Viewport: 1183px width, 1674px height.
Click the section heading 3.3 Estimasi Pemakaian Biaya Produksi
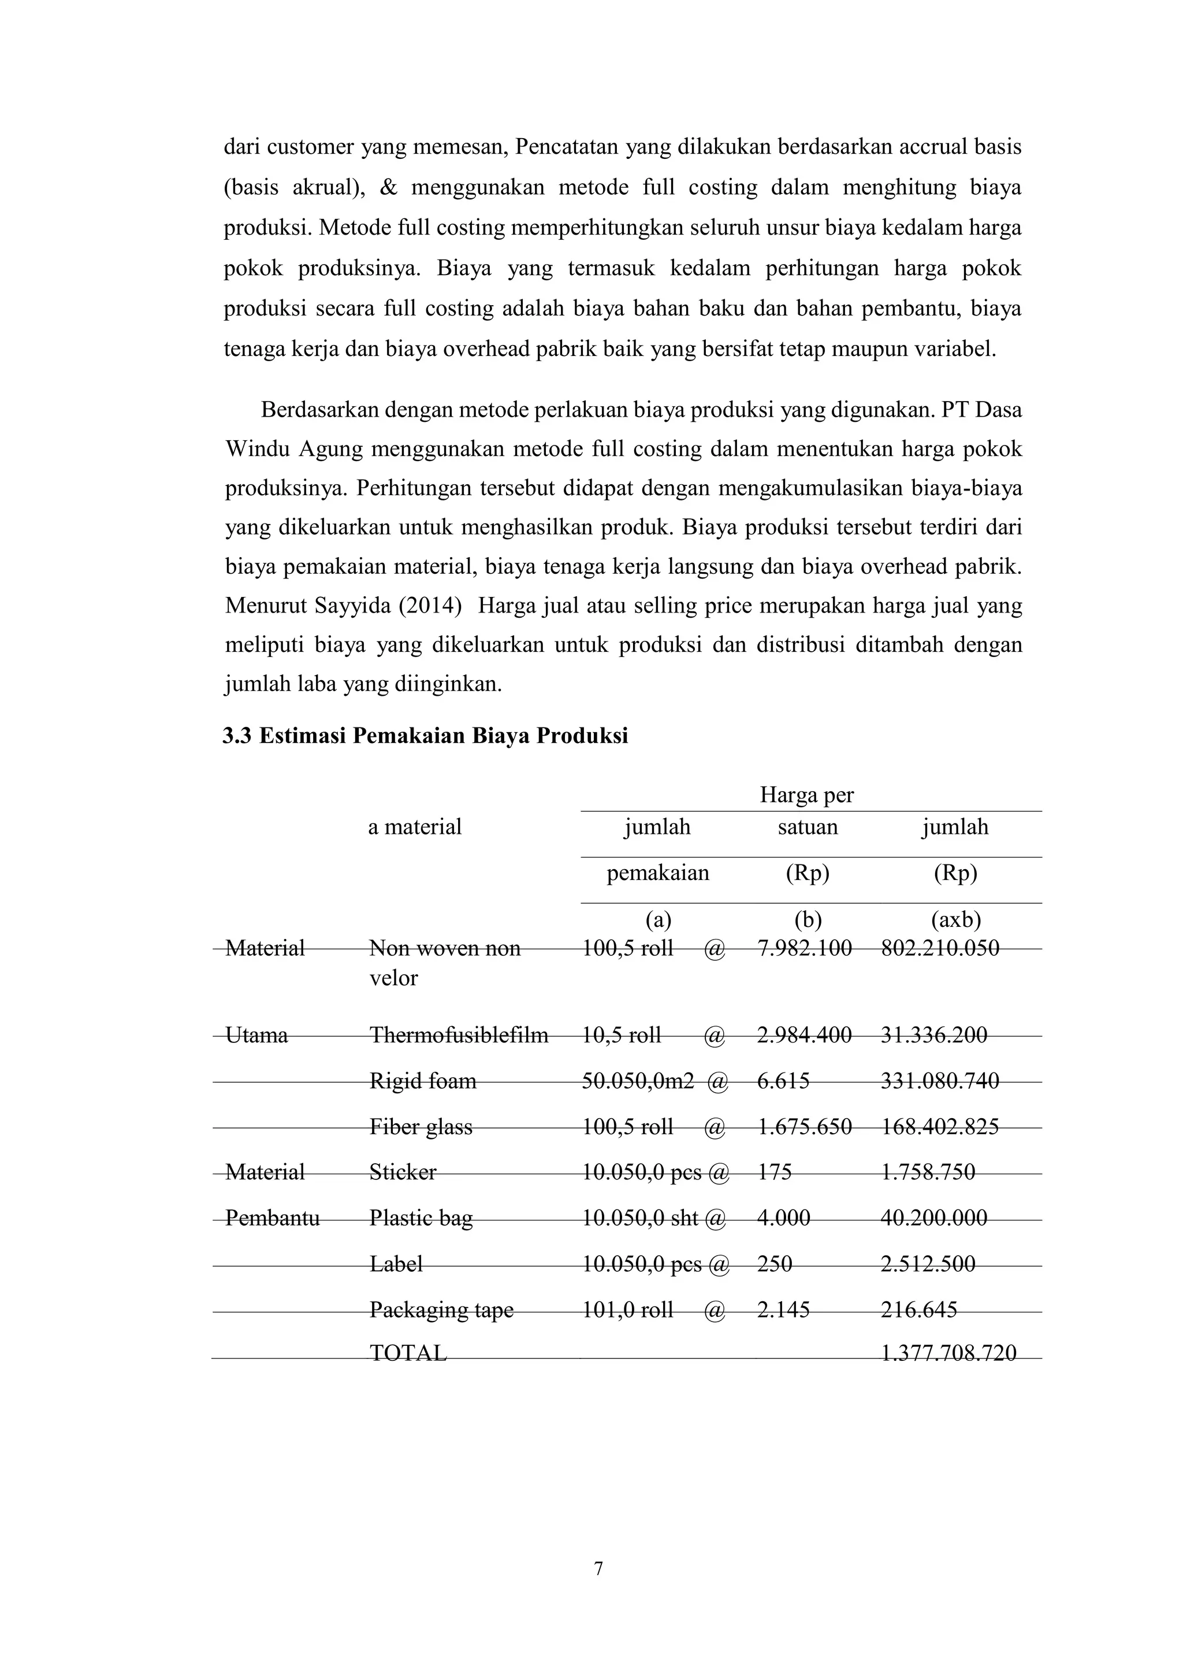[425, 736]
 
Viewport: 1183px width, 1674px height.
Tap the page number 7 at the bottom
[598, 1568]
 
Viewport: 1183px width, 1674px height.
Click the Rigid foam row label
[423, 1081]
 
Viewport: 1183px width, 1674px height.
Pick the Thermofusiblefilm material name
[459, 1034]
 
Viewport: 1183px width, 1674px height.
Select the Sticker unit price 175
[774, 1172]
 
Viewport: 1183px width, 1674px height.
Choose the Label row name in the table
[396, 1264]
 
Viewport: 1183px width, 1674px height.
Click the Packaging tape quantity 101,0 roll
[627, 1310]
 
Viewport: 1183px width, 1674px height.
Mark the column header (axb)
[955, 920]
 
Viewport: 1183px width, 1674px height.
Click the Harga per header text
[806, 795]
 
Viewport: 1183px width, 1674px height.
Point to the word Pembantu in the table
[272, 1218]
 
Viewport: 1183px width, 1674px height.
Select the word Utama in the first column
[256, 1034]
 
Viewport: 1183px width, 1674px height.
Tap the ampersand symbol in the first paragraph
[389, 187]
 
